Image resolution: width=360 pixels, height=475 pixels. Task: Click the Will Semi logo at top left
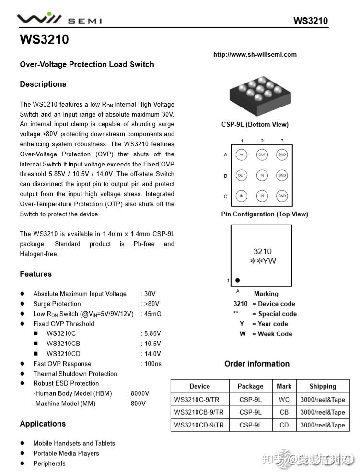point(59,19)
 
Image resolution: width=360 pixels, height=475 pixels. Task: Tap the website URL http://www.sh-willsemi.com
point(255,54)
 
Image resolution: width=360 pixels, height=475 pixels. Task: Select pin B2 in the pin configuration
point(262,176)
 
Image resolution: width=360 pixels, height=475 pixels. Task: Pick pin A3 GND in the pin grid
point(282,155)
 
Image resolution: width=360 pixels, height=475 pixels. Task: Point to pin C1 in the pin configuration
point(241,196)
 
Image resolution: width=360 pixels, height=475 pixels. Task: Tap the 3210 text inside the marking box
point(262,251)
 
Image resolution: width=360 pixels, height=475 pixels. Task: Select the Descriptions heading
point(43,84)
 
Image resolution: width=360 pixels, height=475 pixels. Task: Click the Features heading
point(35,274)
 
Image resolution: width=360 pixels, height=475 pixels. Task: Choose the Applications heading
point(43,424)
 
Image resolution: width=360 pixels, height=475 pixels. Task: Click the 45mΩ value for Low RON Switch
point(153,314)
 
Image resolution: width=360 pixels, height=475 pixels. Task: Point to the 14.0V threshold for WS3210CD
point(152,354)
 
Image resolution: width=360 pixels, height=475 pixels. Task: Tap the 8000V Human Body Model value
point(140,393)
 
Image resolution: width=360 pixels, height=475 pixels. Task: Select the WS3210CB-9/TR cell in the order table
point(199,412)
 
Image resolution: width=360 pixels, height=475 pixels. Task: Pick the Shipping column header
point(323,386)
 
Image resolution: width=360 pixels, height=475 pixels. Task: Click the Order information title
point(257,364)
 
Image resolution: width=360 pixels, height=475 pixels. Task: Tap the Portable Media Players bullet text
point(66,453)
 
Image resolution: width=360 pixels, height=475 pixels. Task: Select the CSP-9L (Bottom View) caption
point(255,124)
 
